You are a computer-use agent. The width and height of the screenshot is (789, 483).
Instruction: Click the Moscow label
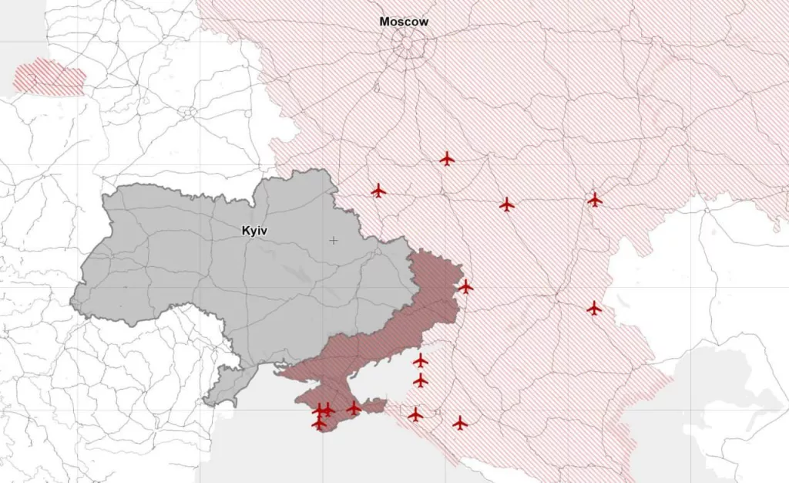[x=404, y=22]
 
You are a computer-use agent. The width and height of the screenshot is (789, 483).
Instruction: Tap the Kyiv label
[x=254, y=230]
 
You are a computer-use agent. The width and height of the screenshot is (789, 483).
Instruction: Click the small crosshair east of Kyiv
[x=334, y=241]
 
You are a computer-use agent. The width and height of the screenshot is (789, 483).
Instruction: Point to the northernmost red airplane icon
[x=447, y=159]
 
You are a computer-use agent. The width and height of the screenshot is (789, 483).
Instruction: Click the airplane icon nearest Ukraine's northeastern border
[x=378, y=191]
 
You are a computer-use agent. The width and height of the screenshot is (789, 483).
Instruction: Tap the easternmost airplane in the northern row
[x=594, y=200]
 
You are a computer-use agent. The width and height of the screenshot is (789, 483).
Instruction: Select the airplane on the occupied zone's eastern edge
[x=465, y=287]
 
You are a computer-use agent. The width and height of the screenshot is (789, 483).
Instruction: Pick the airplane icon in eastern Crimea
[x=354, y=408]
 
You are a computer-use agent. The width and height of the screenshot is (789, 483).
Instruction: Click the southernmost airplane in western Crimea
[x=319, y=423]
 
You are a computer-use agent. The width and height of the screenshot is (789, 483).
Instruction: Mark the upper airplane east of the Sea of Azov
[x=420, y=360]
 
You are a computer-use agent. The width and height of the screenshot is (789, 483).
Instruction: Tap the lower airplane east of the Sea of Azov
[x=420, y=380]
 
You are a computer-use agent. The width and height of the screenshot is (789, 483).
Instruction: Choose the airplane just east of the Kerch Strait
[x=415, y=415]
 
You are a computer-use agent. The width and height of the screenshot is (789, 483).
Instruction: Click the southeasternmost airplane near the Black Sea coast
[x=460, y=423]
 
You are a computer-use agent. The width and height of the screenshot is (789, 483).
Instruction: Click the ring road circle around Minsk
[x=187, y=111]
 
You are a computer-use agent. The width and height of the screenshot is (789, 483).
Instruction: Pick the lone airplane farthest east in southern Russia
[x=593, y=309]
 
